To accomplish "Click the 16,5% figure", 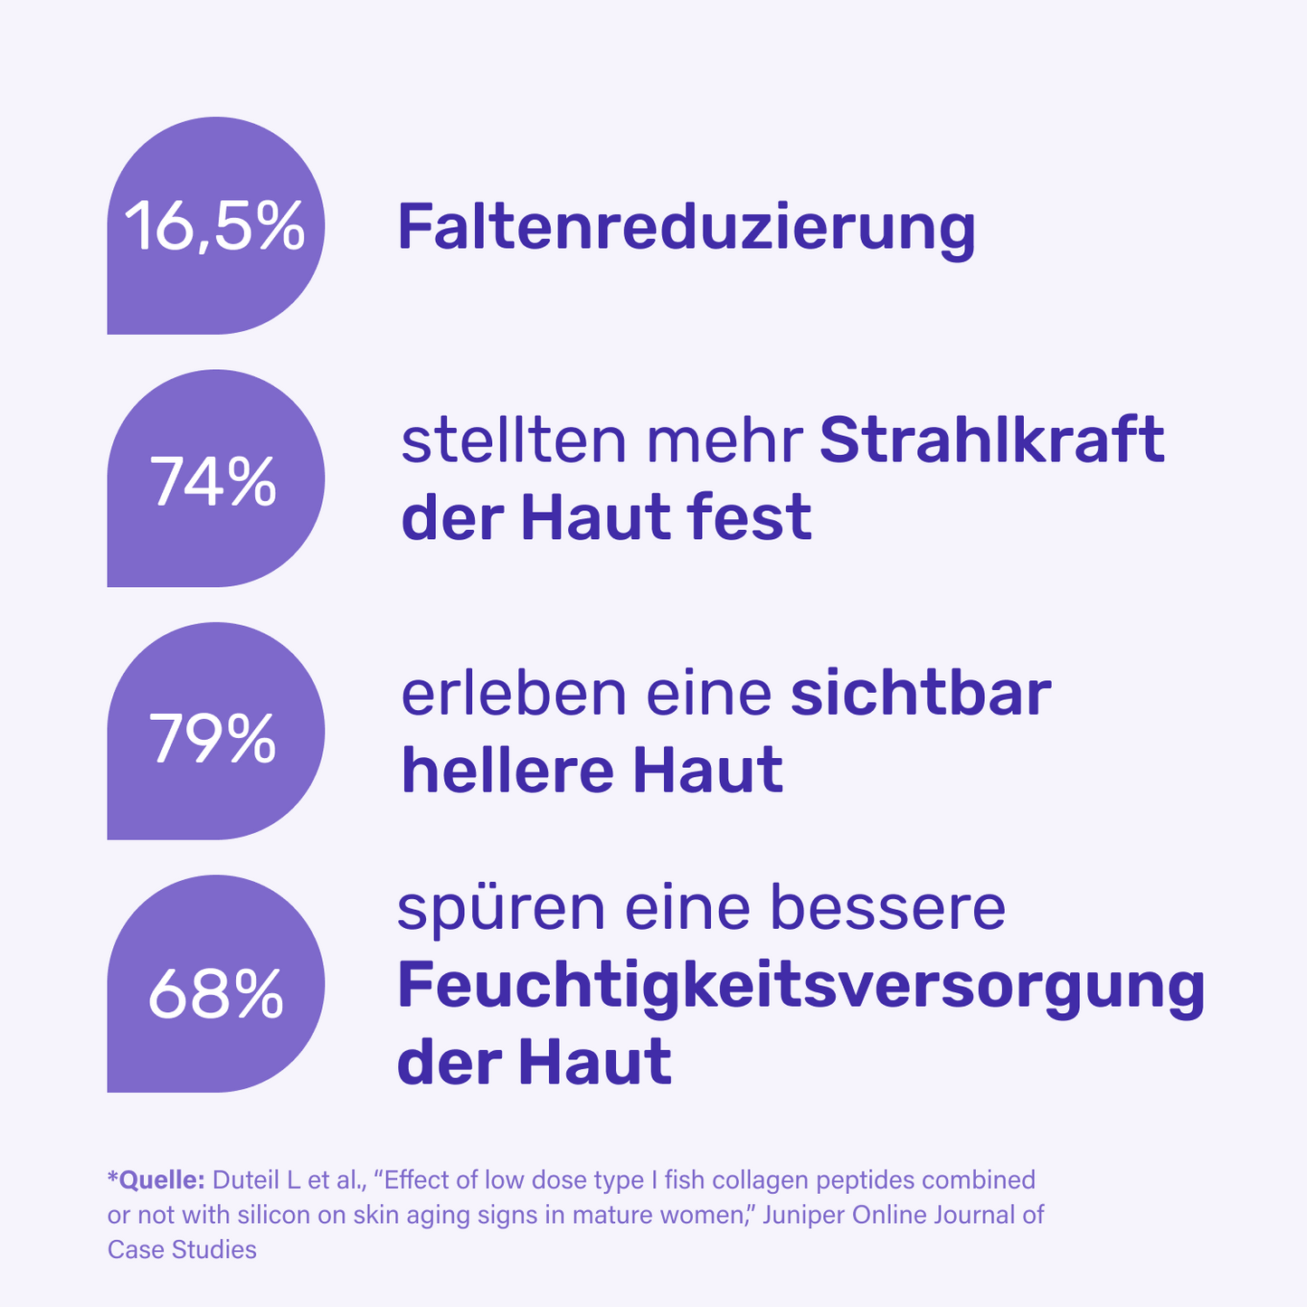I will pyautogui.click(x=214, y=227).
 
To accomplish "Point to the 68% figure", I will pyautogui.click(x=215, y=992).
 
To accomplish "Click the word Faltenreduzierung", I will pyautogui.click(x=687, y=228).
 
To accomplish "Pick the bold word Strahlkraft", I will pyautogui.click(x=991, y=441).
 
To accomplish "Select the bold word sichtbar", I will pyautogui.click(x=921, y=695).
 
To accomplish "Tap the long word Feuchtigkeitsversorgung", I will pyautogui.click(x=800, y=987).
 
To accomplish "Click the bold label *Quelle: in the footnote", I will pyautogui.click(x=156, y=1179).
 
